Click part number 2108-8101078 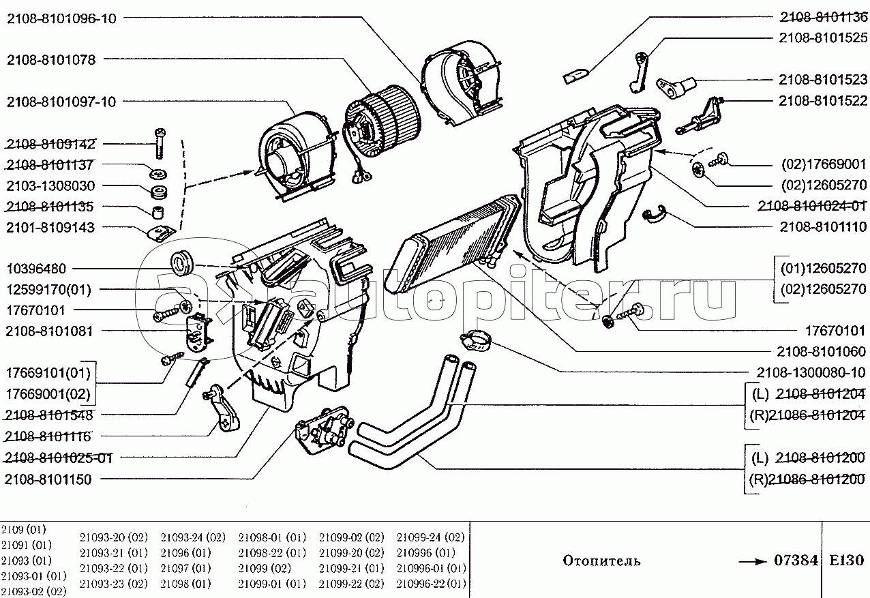click(x=50, y=60)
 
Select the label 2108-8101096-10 click(x=61, y=18)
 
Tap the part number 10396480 click(x=36, y=269)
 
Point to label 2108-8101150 click(x=48, y=479)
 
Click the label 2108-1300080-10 click(x=811, y=372)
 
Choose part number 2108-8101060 click(x=821, y=351)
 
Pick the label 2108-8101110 click(x=821, y=226)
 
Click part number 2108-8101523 click(x=822, y=79)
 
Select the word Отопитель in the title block click(x=602, y=561)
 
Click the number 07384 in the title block click(x=796, y=560)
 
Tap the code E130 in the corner click(x=846, y=560)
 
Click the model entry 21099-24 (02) click(x=431, y=537)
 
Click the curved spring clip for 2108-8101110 click(x=657, y=214)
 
